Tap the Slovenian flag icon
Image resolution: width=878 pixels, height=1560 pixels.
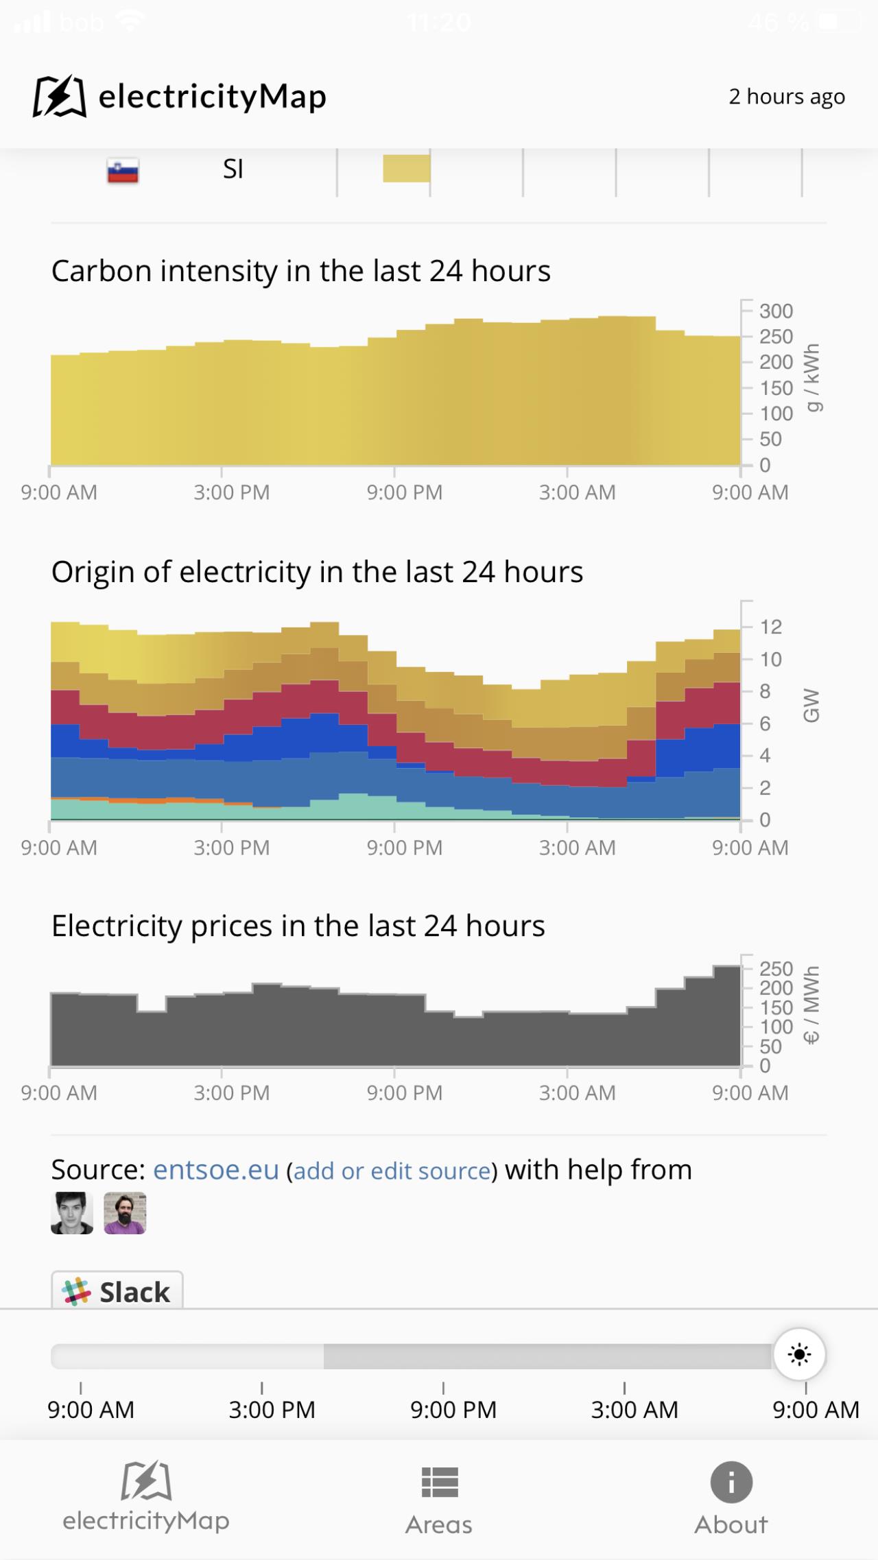pyautogui.click(x=123, y=171)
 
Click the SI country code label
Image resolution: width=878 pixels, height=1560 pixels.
pyautogui.click(x=233, y=169)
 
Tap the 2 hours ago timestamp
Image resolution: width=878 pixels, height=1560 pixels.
pyautogui.click(x=786, y=97)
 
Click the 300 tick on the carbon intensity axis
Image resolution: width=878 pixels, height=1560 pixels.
pyautogui.click(x=776, y=311)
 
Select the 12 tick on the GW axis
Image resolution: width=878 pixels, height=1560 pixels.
pyautogui.click(x=770, y=627)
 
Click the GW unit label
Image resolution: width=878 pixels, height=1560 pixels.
pyautogui.click(x=811, y=706)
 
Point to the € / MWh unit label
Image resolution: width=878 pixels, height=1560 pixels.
pyautogui.click(x=811, y=1005)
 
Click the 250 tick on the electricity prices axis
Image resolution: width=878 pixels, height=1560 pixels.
pyautogui.click(x=776, y=969)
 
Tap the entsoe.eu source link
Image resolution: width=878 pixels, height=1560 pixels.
pyautogui.click(x=216, y=1169)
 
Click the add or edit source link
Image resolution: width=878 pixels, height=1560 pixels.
pyautogui.click(x=392, y=1171)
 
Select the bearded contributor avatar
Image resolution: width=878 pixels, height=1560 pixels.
pyautogui.click(x=125, y=1213)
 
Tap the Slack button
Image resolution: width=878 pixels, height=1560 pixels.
pyautogui.click(x=117, y=1291)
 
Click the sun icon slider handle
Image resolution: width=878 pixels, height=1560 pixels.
pyautogui.click(x=799, y=1354)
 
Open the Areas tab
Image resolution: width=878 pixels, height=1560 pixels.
pyautogui.click(x=439, y=1498)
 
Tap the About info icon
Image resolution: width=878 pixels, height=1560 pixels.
pyautogui.click(x=731, y=1483)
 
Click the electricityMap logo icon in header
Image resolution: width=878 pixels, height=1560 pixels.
pyautogui.click(x=60, y=97)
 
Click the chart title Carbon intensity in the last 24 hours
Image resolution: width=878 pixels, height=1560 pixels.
pyautogui.click(x=300, y=271)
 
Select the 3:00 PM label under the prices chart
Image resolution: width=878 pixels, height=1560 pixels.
pyautogui.click(x=231, y=1092)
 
